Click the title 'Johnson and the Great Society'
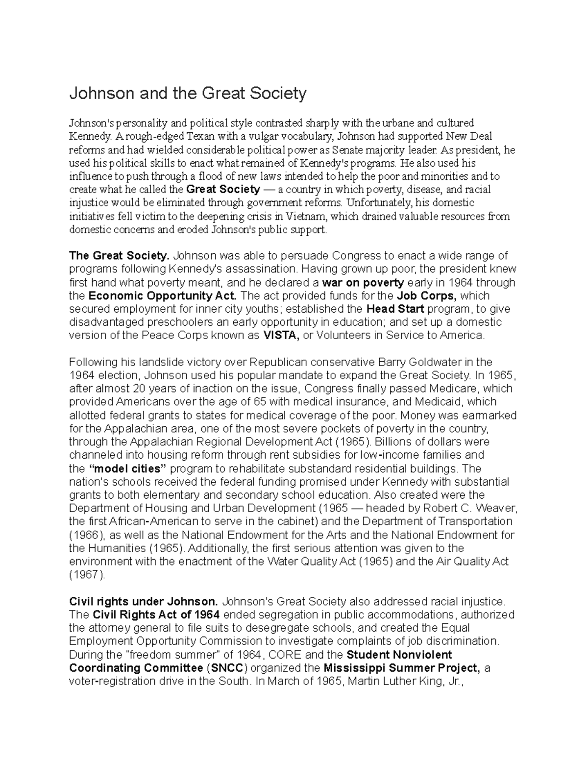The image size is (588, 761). point(188,93)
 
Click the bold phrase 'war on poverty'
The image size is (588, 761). point(363,282)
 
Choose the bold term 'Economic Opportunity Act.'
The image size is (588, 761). point(162,295)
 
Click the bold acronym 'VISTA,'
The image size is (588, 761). point(282,336)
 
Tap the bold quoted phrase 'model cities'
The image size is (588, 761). point(129,468)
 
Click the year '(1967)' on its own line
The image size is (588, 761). point(87,575)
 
